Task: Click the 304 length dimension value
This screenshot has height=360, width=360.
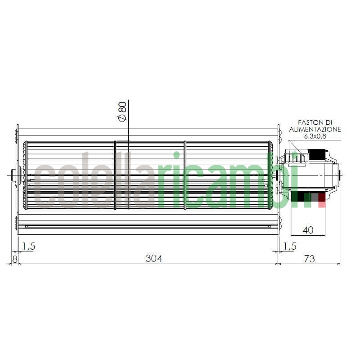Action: (153, 258)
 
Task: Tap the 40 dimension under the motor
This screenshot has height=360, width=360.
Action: (308, 230)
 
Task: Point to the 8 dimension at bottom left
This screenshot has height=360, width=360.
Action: (14, 259)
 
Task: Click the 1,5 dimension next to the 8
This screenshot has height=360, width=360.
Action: (28, 246)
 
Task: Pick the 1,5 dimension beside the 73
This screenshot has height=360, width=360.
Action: (290, 246)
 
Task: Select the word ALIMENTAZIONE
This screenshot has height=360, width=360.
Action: (315, 129)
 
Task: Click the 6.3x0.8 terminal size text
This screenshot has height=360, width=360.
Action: (315, 136)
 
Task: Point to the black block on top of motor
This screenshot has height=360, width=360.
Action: (317, 154)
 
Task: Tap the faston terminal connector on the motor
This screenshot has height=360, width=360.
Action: (301, 157)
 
